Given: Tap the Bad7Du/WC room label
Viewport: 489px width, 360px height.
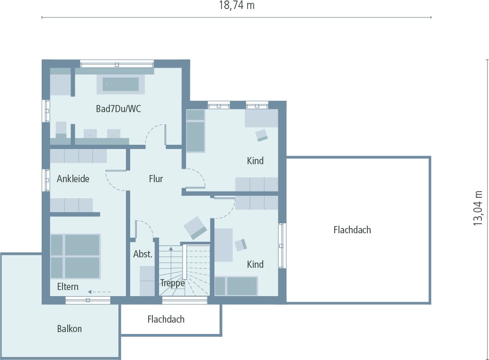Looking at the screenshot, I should click(118, 109).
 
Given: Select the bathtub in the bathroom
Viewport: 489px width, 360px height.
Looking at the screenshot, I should click(121, 84).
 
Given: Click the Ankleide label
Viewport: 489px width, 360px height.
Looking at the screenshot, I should click(73, 179).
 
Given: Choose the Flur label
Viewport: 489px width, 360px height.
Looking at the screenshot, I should click(156, 179).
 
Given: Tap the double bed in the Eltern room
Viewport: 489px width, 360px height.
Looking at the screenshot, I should click(75, 256).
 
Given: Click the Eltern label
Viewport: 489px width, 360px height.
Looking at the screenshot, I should click(68, 287).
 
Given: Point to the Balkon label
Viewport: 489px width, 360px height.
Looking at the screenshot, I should click(70, 328).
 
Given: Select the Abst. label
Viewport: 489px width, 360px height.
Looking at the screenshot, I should click(142, 254).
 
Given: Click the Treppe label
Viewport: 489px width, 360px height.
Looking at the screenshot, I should click(172, 283).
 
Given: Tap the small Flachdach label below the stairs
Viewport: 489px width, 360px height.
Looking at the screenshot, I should click(166, 319).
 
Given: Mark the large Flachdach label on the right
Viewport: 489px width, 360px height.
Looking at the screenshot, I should click(352, 230).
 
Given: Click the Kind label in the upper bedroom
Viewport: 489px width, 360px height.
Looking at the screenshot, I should click(255, 161).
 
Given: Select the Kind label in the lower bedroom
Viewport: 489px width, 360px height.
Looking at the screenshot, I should click(255, 264).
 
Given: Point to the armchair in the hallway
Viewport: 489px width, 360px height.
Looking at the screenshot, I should click(195, 228).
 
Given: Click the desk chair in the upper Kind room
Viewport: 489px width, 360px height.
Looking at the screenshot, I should click(262, 136).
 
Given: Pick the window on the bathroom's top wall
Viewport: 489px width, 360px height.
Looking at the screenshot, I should click(116, 63).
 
